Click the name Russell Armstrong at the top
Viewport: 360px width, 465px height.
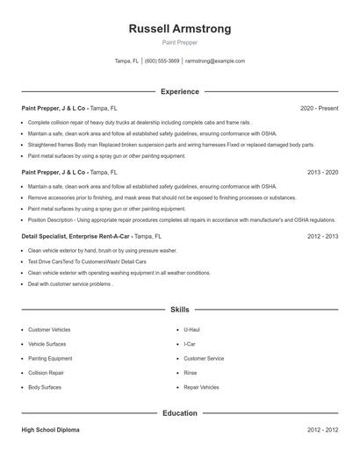(180, 29)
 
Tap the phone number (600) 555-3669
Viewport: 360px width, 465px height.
(162, 61)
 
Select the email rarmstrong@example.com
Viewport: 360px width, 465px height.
(215, 61)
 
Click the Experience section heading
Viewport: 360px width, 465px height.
(180, 91)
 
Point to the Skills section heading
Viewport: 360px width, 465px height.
(180, 310)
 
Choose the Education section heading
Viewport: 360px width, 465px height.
(180, 412)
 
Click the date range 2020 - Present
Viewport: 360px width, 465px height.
(320, 108)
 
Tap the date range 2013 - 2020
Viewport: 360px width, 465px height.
(323, 172)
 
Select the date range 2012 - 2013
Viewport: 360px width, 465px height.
(323, 236)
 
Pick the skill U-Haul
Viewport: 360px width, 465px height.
(191, 330)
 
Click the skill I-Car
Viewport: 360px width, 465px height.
(191, 344)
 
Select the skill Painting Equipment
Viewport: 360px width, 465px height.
(50, 358)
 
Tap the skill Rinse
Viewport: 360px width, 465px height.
(191, 373)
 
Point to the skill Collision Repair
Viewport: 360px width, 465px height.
(47, 373)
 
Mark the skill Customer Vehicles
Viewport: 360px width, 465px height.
(49, 330)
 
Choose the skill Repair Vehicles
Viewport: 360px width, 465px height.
(201, 387)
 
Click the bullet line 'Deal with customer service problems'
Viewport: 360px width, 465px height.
(70, 284)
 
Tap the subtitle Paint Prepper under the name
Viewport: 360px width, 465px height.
(180, 42)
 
